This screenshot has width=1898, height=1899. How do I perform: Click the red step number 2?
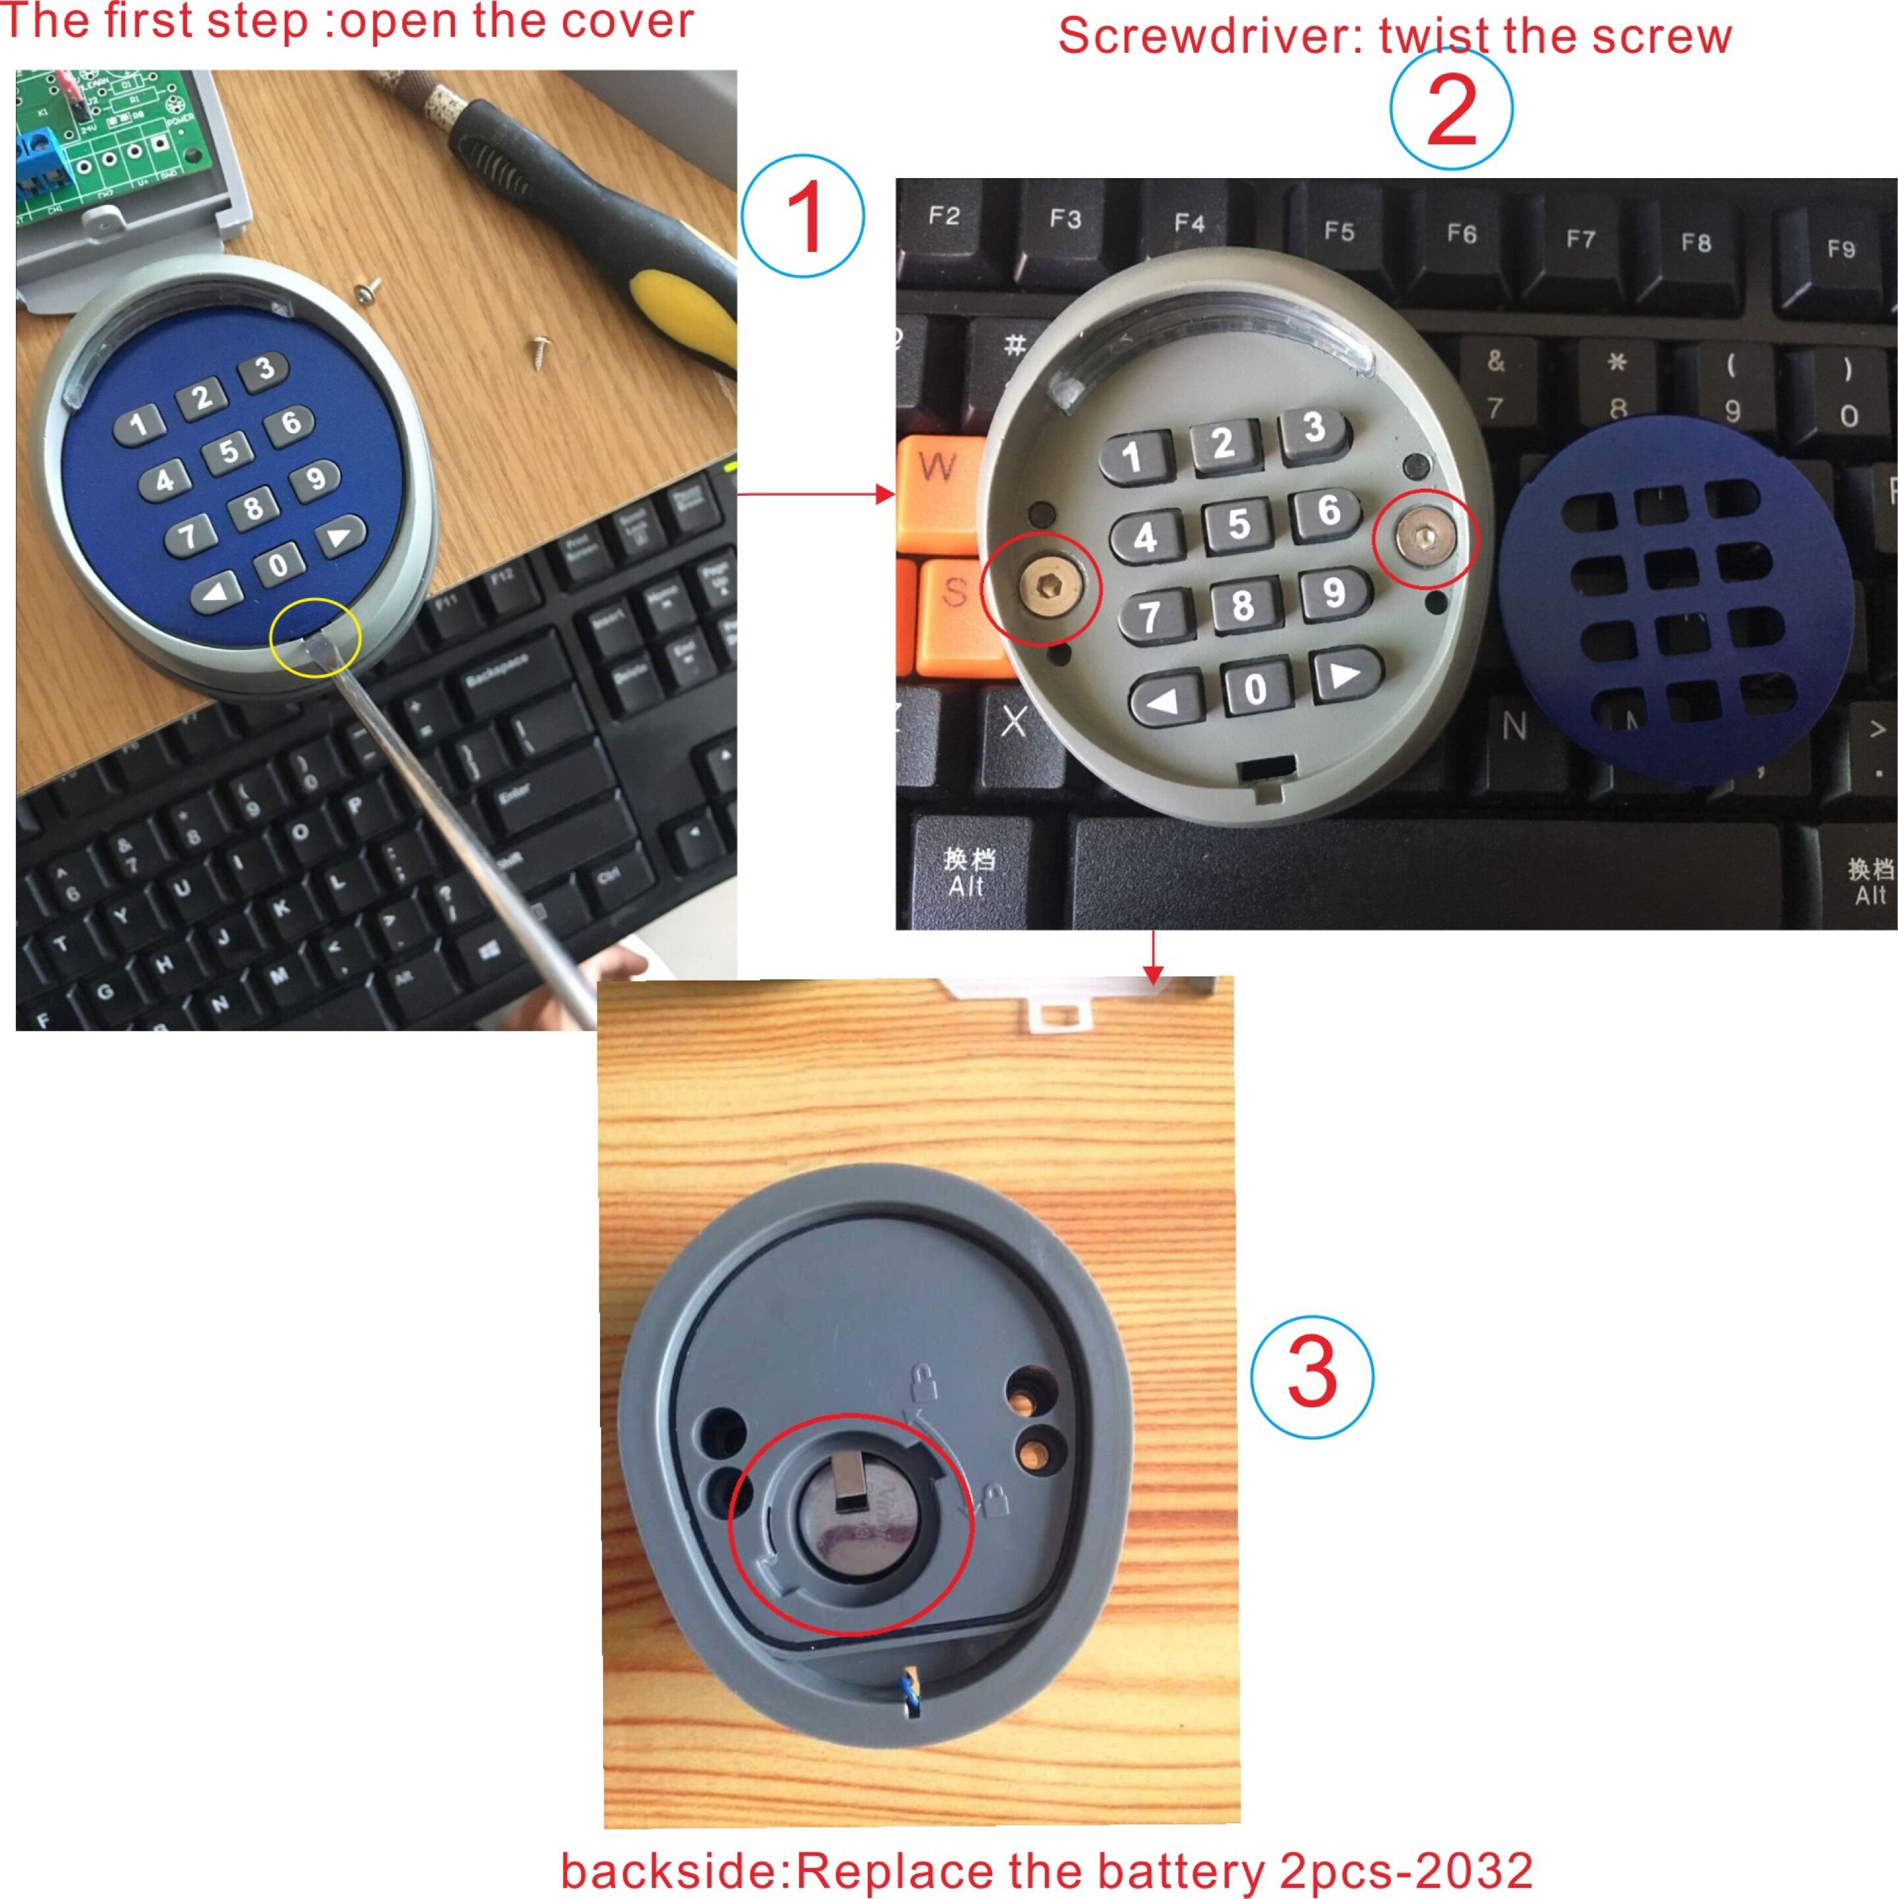pyautogui.click(x=1451, y=111)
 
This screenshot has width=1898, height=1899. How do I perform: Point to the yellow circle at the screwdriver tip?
pyautogui.click(x=316, y=638)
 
